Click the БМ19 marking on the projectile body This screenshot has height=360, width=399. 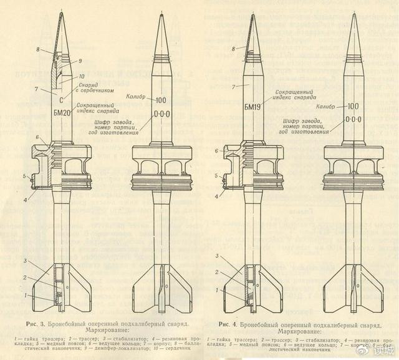[252, 112]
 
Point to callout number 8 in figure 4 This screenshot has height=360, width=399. [233, 48]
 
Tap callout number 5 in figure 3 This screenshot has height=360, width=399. [24, 177]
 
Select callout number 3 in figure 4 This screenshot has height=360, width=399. [216, 257]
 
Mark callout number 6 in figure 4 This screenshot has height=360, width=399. [217, 151]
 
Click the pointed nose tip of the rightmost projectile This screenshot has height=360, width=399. [353, 14]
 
